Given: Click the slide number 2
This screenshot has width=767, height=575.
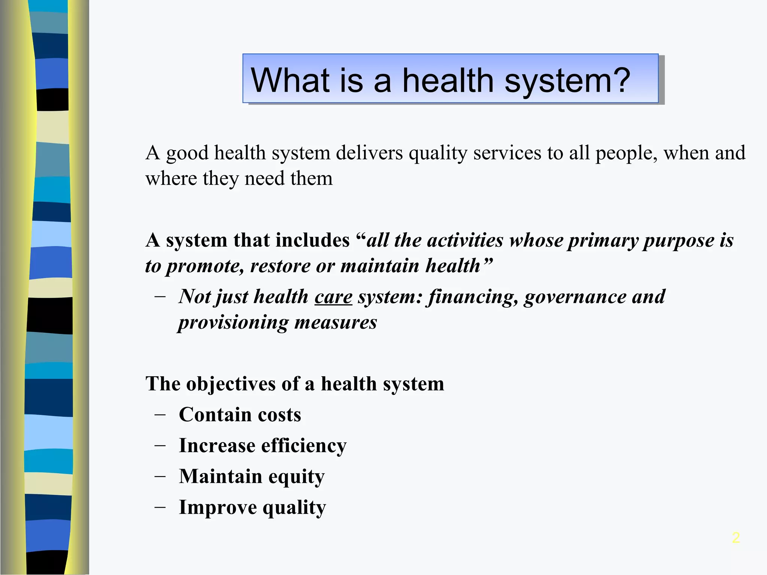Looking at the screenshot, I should pyautogui.click(x=736, y=538).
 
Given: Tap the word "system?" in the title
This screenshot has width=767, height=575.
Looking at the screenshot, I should pyautogui.click(x=567, y=80).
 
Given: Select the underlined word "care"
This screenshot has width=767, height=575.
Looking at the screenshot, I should pyautogui.click(x=333, y=297).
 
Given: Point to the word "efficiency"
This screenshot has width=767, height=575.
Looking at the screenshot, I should pyautogui.click(x=304, y=446).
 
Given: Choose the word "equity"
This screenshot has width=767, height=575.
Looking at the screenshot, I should pyautogui.click(x=296, y=477).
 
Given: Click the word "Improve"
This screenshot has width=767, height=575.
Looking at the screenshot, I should pyautogui.click(x=218, y=508).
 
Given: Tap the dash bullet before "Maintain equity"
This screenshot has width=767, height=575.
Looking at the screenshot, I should pyautogui.click(x=160, y=477).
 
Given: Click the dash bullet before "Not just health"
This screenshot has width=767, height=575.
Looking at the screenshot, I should pyautogui.click(x=160, y=297).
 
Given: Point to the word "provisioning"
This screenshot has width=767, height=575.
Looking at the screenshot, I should pyautogui.click(x=233, y=322).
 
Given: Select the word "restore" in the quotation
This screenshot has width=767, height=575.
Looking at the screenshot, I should pyautogui.click(x=280, y=266).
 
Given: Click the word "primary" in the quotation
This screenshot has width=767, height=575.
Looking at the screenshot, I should pyautogui.click(x=603, y=240).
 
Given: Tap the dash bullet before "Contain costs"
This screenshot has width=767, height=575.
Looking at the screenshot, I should pyautogui.click(x=160, y=415).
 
